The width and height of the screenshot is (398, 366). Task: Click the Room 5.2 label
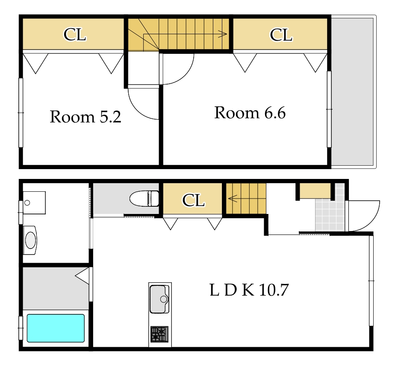click(x=85, y=117)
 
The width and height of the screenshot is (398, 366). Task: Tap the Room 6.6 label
click(x=250, y=113)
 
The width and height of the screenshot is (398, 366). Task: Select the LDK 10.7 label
click(x=249, y=290)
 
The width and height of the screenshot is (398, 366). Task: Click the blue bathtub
click(x=56, y=328)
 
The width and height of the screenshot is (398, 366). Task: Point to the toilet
click(x=144, y=198)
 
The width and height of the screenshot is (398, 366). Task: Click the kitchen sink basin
click(x=159, y=299)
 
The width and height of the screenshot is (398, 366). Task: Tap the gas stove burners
click(x=159, y=334)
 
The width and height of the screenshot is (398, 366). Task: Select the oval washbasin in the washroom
click(x=30, y=240)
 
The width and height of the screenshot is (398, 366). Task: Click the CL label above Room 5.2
click(x=75, y=35)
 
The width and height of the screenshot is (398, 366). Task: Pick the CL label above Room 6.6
click(x=281, y=35)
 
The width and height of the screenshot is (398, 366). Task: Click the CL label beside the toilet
click(x=193, y=200)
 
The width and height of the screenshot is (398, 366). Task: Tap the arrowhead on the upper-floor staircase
click(x=223, y=34)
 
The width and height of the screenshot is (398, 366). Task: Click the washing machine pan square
click(x=34, y=203)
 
